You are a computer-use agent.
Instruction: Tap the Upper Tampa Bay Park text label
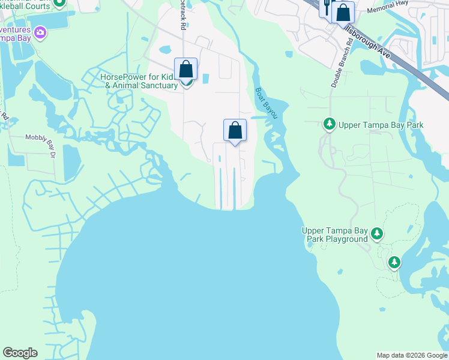[x=381, y=125]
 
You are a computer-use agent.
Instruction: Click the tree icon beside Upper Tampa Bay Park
[x=329, y=125]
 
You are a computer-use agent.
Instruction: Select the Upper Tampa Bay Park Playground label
[x=334, y=235]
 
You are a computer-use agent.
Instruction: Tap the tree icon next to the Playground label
[x=377, y=233]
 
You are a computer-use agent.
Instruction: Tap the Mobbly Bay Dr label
[x=40, y=137]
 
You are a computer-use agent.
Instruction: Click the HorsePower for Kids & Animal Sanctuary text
[x=139, y=81]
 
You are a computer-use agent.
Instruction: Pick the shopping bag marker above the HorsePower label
[x=186, y=69]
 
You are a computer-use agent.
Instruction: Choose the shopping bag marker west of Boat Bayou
[x=235, y=130]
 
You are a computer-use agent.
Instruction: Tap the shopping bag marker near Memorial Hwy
[x=343, y=13]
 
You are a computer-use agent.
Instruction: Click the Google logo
[x=20, y=353]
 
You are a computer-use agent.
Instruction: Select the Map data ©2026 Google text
[x=412, y=355]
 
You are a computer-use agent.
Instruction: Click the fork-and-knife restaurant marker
[x=327, y=7]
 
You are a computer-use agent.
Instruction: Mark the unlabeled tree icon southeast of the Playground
[x=394, y=262]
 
